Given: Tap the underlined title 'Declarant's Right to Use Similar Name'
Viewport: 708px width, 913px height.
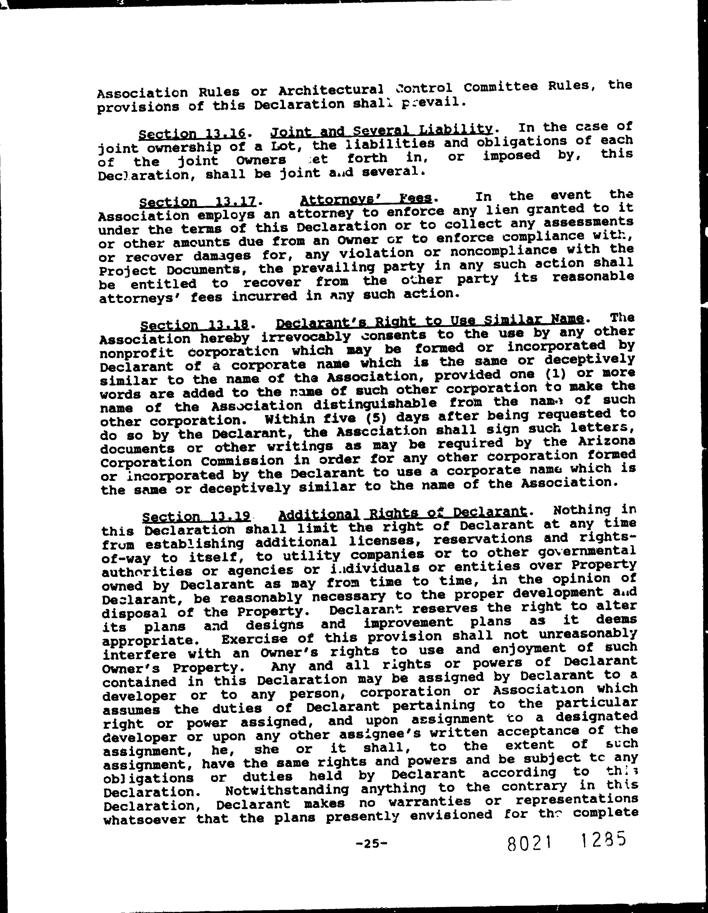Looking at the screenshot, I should tap(430, 321).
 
